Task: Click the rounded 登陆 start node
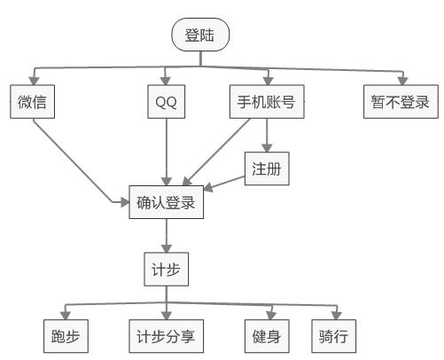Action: [200, 35]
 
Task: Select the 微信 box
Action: [34, 102]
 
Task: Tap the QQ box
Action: [166, 102]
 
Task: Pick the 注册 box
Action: [266, 168]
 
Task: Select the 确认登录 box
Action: [166, 202]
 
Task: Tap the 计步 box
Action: [166, 270]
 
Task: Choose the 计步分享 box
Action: [166, 336]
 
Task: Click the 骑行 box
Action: [333, 336]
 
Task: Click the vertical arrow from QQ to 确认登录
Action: [166, 151]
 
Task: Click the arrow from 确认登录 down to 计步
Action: [166, 236]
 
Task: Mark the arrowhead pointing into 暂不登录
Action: [401, 81]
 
